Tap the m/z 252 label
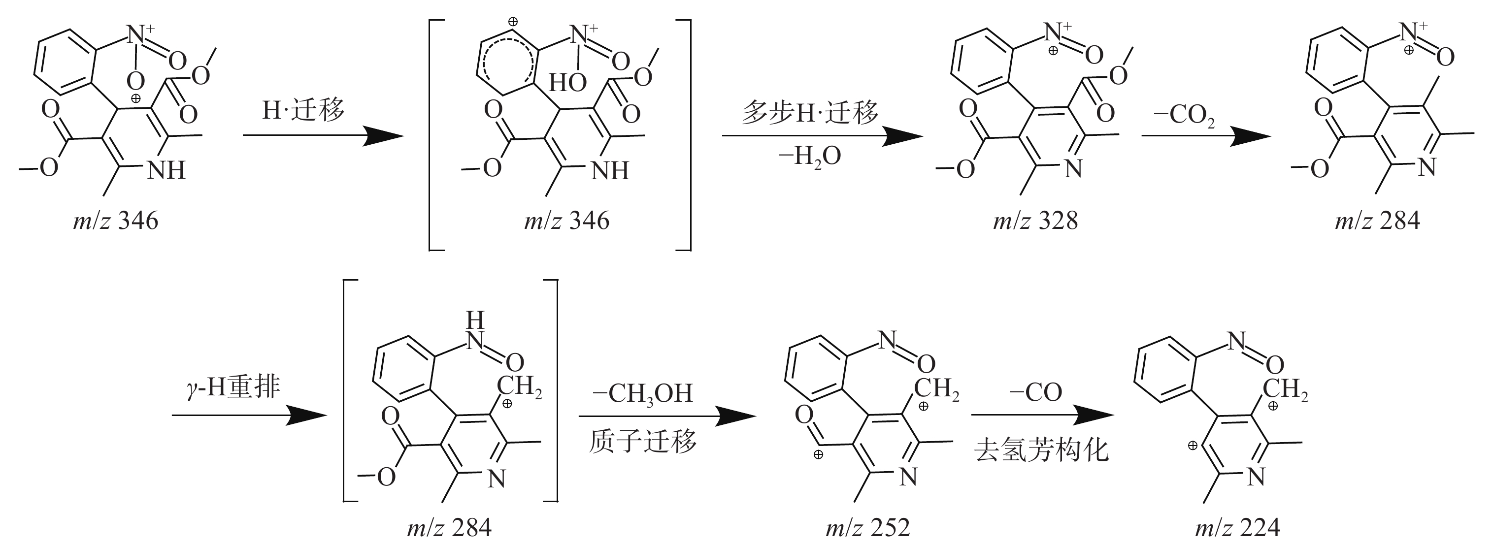(x=867, y=527)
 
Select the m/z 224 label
(x=1237, y=527)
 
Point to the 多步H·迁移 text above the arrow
(x=810, y=112)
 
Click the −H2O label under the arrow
(x=810, y=157)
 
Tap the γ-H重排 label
(x=233, y=386)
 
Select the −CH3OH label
(x=642, y=394)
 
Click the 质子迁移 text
(x=642, y=443)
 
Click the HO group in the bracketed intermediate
(x=567, y=83)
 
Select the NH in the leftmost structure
(x=166, y=170)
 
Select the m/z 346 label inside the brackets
(x=566, y=221)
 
